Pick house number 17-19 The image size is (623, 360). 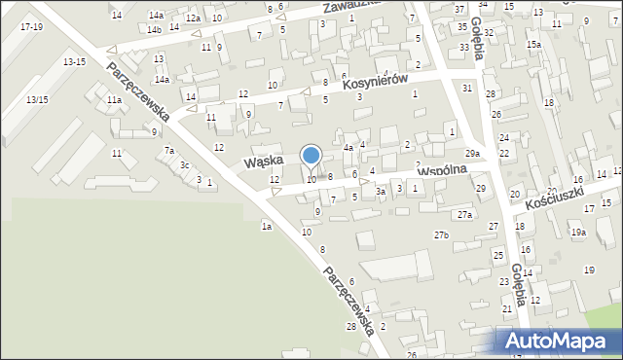[30, 26]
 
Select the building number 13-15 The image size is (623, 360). [74, 62]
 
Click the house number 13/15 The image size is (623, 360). [37, 100]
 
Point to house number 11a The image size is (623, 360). [114, 100]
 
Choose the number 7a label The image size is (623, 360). [168, 151]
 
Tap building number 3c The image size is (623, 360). [184, 165]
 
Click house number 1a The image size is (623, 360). [266, 226]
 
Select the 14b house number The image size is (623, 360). [154, 30]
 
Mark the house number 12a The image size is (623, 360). [193, 18]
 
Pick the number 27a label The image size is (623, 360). [465, 214]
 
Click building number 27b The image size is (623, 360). [442, 235]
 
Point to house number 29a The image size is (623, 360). [472, 154]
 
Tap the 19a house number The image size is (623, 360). [578, 233]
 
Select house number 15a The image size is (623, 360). [533, 45]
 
